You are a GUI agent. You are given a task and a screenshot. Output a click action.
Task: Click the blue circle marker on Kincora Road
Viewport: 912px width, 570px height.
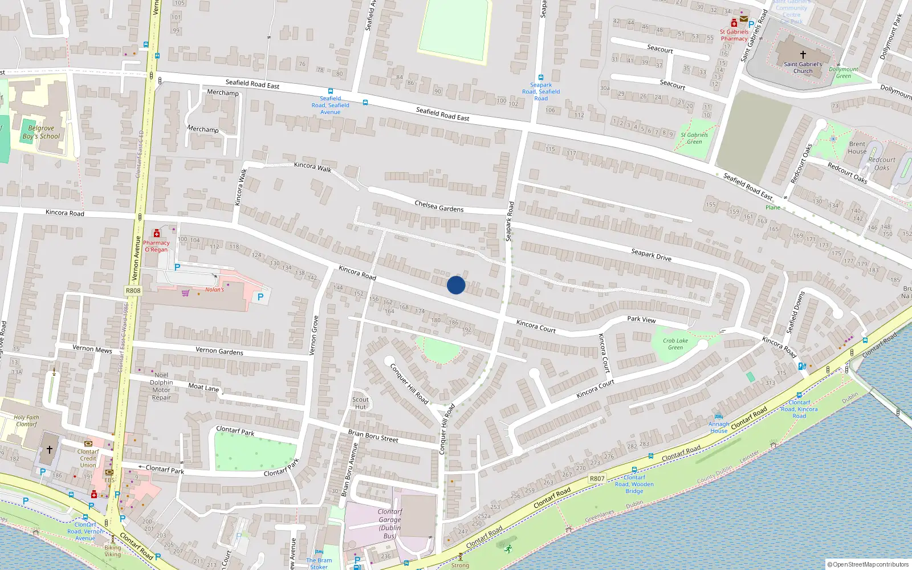456,285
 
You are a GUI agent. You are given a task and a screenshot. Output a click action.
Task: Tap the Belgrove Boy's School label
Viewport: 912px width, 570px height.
41,132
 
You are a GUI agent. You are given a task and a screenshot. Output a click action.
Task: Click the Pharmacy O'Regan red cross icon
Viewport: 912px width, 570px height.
157,233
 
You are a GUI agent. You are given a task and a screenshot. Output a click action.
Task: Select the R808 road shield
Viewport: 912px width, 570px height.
133,291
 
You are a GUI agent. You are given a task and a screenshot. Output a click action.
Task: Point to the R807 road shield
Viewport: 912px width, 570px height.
597,479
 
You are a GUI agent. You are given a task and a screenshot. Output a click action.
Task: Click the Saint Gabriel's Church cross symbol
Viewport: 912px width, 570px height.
803,55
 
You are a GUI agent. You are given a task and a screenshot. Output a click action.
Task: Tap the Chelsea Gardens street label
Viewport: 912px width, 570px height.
439,206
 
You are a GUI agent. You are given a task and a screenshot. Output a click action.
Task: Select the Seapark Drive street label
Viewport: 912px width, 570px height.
651,255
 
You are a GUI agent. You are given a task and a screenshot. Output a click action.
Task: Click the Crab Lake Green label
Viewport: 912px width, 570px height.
675,344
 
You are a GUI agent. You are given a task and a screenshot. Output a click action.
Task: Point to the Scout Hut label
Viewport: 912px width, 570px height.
360,403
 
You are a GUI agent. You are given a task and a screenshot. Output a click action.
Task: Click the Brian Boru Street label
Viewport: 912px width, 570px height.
373,436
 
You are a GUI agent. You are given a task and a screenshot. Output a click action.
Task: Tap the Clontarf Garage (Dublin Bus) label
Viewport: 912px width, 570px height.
390,524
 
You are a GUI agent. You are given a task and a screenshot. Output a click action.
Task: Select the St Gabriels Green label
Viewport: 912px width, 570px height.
694,139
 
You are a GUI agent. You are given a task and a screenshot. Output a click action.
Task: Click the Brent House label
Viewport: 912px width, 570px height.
857,148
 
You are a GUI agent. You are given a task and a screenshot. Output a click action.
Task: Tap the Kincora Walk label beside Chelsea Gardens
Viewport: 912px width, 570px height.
312,166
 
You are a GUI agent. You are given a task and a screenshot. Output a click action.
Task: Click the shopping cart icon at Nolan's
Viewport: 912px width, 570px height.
185,294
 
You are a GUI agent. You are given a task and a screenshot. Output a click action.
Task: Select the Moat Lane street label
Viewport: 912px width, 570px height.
203,387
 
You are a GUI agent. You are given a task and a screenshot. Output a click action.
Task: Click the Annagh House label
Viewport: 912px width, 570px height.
719,427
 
